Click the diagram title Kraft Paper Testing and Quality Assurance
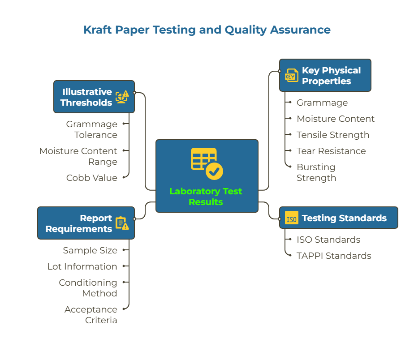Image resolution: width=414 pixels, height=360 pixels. (x=207, y=30)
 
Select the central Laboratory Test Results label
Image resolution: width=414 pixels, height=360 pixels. (x=206, y=197)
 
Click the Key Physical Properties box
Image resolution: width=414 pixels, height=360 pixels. (x=325, y=75)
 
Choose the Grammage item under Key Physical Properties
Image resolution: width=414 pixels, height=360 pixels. (x=322, y=103)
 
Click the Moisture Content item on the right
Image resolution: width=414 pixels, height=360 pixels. (x=336, y=119)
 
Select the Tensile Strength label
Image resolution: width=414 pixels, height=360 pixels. (x=332, y=135)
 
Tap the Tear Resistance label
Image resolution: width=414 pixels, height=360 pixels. (x=331, y=151)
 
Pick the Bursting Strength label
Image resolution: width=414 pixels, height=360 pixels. (x=316, y=172)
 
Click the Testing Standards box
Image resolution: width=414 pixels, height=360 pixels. (x=338, y=218)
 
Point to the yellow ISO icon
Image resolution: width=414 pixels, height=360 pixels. (x=291, y=219)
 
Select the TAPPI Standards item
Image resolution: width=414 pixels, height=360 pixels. (x=334, y=256)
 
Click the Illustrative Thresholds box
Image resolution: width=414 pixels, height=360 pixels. (x=94, y=97)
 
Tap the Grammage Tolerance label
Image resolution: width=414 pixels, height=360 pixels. (x=92, y=129)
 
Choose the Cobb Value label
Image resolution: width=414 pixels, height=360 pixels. (x=92, y=178)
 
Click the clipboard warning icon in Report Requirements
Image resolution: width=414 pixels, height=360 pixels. (x=122, y=223)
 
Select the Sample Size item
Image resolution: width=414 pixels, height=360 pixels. (x=90, y=250)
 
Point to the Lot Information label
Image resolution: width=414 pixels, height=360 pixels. (x=82, y=266)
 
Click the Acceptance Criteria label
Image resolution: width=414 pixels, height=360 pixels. (x=91, y=315)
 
